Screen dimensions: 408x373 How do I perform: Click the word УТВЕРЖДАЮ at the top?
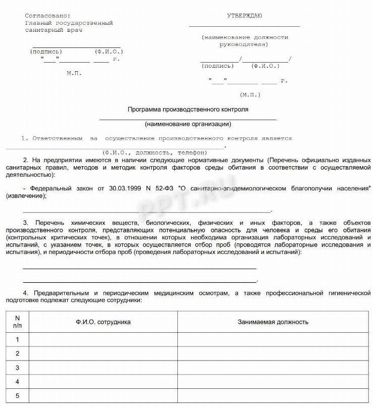245,16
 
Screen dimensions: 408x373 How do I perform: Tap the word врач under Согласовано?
73,30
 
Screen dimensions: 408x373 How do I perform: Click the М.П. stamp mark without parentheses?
74,73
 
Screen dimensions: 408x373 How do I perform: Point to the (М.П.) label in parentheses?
250,94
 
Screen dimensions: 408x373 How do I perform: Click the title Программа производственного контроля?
188,109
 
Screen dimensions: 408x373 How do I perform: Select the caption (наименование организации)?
188,124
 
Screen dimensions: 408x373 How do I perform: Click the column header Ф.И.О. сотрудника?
103,322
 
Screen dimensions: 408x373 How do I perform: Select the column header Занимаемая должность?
273,322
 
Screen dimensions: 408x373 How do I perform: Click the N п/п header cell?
17,322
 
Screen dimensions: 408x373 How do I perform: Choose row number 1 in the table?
17,339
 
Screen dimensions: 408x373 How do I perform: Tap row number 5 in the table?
17,395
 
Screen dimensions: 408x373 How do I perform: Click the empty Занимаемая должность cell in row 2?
273,353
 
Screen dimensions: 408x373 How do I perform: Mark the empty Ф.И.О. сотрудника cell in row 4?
103,382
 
